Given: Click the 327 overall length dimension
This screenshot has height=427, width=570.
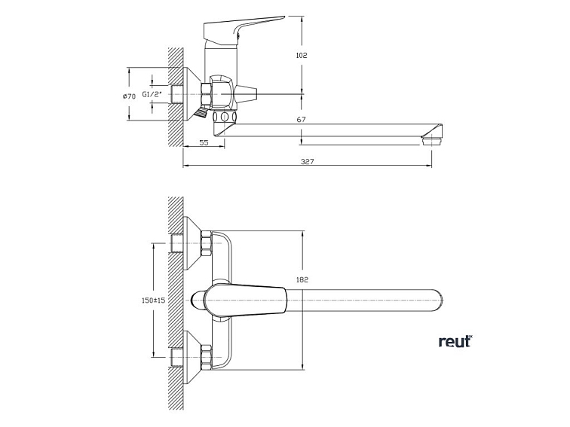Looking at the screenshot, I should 307,161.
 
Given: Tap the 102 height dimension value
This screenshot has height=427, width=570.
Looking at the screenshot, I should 302,55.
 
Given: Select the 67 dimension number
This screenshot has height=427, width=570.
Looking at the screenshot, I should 301,120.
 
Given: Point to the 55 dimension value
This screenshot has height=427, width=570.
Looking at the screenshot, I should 204,142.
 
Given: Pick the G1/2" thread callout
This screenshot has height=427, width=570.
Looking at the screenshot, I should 152,95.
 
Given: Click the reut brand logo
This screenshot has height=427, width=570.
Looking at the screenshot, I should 455,341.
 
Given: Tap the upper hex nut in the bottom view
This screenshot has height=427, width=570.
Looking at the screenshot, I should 206,246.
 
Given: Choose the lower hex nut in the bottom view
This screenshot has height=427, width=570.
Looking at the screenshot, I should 206,353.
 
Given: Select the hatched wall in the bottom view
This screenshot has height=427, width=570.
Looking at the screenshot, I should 176,301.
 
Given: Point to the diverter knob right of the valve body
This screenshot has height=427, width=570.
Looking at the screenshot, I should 247,95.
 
